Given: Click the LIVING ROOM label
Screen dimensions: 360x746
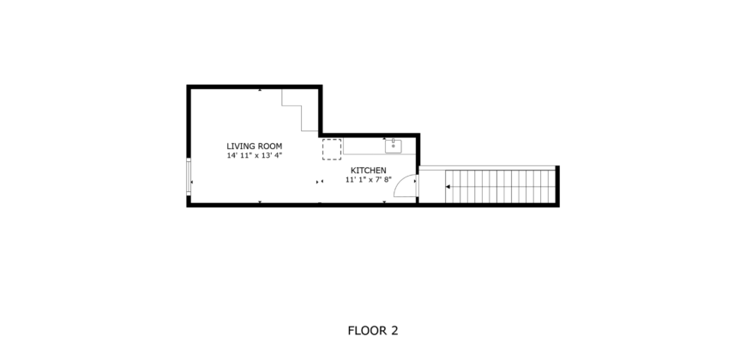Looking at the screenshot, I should pos(254,146).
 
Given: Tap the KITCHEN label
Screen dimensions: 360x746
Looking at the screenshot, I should pos(369,171).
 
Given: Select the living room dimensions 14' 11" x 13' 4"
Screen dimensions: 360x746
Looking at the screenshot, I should pos(254,156).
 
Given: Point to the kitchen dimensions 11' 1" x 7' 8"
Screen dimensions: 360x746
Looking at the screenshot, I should pos(369,180).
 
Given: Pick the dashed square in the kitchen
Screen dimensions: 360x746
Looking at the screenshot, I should pos(332,149).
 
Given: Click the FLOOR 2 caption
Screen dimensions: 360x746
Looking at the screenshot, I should pos(372,330).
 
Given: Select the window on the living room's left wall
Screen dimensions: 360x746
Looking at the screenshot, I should pos(190,176).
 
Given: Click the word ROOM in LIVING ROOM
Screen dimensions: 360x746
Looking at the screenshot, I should pos(268,146).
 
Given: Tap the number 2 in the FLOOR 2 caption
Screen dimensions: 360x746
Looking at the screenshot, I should pos(394,330).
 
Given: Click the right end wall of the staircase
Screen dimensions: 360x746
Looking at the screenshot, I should pos(557,186).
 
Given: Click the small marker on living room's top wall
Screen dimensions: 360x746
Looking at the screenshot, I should pos(260,88).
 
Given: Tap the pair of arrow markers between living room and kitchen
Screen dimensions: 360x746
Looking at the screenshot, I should pos(320,182).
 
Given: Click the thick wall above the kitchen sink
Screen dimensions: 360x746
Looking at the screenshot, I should pos(393,135).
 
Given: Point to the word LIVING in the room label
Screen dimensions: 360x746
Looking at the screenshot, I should pos(240,146).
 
